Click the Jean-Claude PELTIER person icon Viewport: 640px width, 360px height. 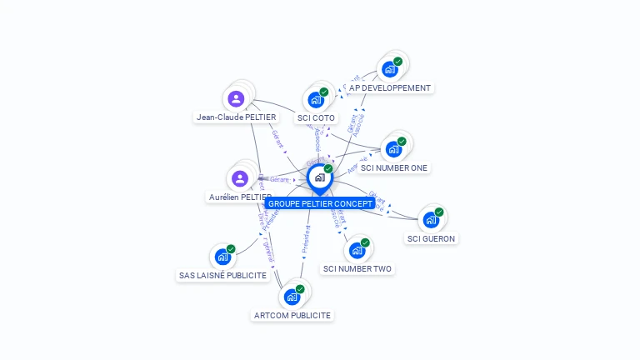[x=237, y=99]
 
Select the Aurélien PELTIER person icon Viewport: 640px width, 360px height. [x=240, y=178]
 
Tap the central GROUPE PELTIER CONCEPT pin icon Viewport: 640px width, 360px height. [x=318, y=177]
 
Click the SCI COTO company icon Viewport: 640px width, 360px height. [x=316, y=100]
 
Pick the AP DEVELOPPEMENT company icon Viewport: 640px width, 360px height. [x=389, y=69]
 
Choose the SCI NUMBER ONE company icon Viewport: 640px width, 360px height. [x=393, y=150]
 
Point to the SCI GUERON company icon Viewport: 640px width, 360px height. [x=431, y=220]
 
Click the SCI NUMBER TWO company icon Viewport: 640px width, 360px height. [x=357, y=251]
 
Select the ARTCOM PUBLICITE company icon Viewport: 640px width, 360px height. [x=292, y=297]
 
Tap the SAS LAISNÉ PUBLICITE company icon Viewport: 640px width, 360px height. [x=222, y=257]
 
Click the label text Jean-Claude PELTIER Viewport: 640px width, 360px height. [x=236, y=117]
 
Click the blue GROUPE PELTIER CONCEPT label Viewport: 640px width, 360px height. [x=320, y=203]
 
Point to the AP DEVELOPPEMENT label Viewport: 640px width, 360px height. [x=390, y=87]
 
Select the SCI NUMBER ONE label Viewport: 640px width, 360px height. [x=394, y=167]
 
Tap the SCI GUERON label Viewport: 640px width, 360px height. [x=432, y=238]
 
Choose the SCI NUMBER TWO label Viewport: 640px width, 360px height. [x=357, y=268]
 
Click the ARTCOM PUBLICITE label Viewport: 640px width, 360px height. [x=292, y=315]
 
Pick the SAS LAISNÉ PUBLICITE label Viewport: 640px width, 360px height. [x=222, y=275]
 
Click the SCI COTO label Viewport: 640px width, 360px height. [x=317, y=117]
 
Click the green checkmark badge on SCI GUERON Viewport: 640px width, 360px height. [x=439, y=212]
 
